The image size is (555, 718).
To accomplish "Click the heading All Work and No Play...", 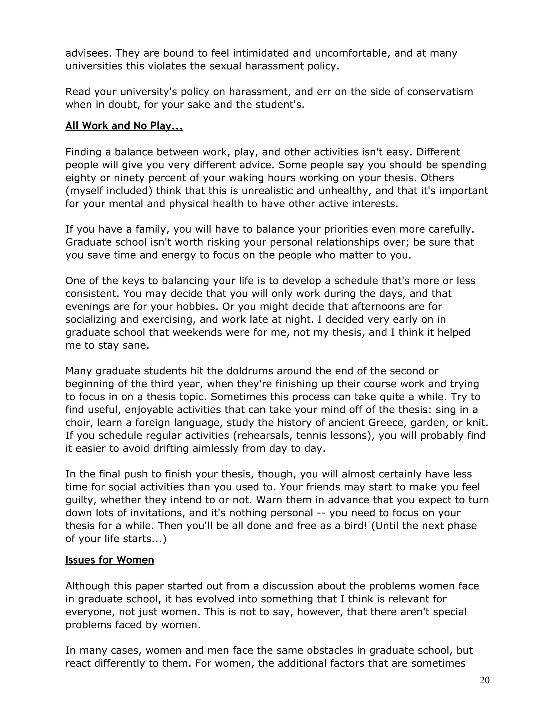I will click(x=124, y=126).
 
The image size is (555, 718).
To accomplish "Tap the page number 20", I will click(x=484, y=680).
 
